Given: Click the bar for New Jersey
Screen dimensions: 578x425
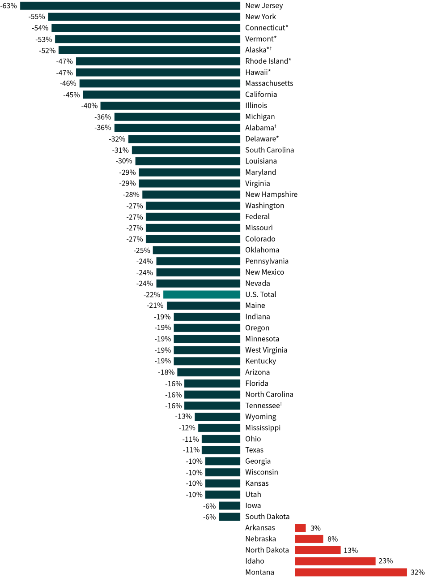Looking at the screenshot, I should pos(130,6).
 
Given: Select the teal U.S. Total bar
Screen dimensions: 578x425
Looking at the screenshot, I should pos(202,294).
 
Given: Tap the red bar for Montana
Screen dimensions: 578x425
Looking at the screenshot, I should pos(351,572).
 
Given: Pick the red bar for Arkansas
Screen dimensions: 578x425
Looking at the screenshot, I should pos(300,528).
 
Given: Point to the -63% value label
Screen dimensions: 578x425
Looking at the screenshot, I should pos(9,6).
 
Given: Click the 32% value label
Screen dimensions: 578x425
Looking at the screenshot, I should pos(417,572).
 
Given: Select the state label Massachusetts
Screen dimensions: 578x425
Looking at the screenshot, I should pos(269,83).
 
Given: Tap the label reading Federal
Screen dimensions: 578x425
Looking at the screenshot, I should pos(257,216).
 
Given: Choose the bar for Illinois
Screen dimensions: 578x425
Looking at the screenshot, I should pos(170,106).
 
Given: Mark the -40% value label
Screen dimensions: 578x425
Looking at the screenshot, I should pos(89,106).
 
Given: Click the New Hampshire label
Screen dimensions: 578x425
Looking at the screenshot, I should pos(271,194).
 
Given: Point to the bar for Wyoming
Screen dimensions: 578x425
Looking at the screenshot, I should pos(217,417).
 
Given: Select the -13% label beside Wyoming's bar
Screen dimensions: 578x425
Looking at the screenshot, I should pos(183,417).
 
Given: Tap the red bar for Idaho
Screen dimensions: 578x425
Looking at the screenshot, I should pos(335,561).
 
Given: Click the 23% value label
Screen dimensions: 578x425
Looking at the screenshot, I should pos(385,561).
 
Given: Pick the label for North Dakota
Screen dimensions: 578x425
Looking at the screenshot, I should pos(267,550).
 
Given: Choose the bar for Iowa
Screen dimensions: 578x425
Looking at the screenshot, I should pos(229,506).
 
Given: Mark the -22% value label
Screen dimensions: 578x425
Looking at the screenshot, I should pos(152,295).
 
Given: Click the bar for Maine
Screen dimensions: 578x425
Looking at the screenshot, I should pos(204,306).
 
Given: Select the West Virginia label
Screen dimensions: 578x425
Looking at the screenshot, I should pos(266,350).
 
